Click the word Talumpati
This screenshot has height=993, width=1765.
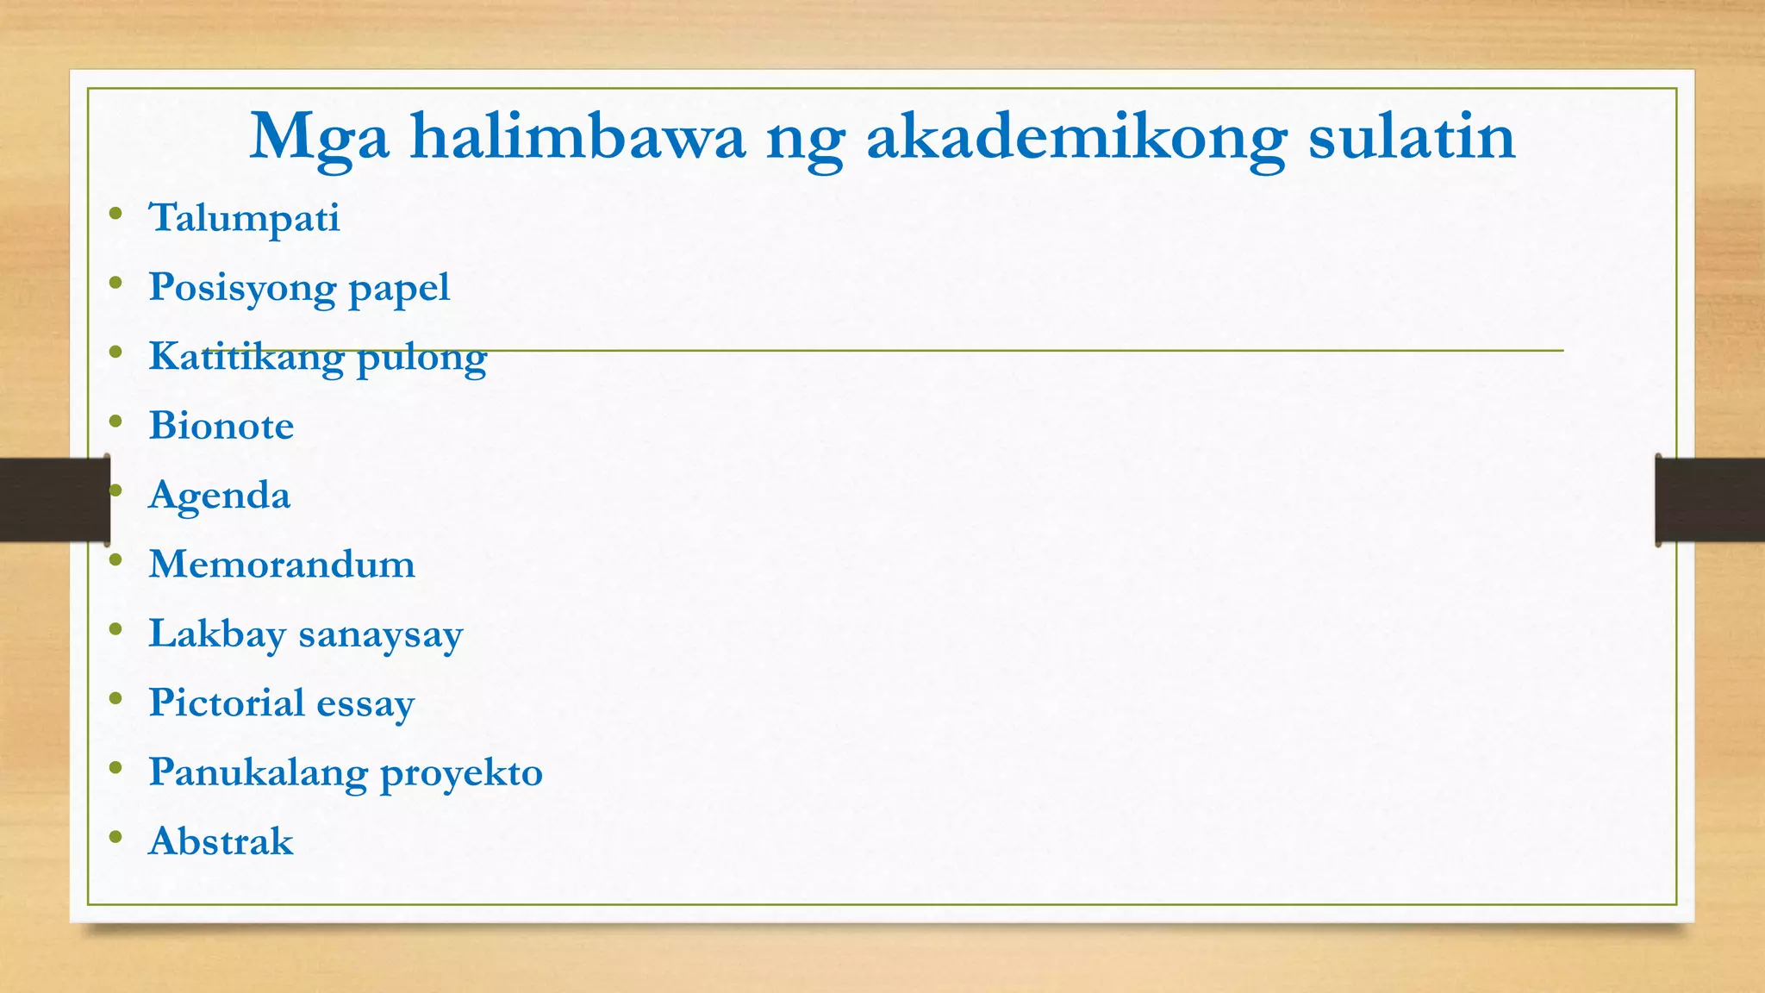click(x=244, y=218)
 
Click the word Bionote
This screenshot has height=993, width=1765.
click(x=221, y=426)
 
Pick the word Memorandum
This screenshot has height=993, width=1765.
click(x=281, y=565)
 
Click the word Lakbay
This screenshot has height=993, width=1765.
click(x=216, y=634)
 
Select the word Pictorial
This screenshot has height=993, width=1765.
click(x=227, y=703)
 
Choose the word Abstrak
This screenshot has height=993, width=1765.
click(x=221, y=841)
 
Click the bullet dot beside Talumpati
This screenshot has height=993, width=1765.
click(x=115, y=213)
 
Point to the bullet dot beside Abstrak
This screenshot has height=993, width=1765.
click(x=115, y=836)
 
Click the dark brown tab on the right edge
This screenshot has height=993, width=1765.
click(x=1710, y=499)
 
